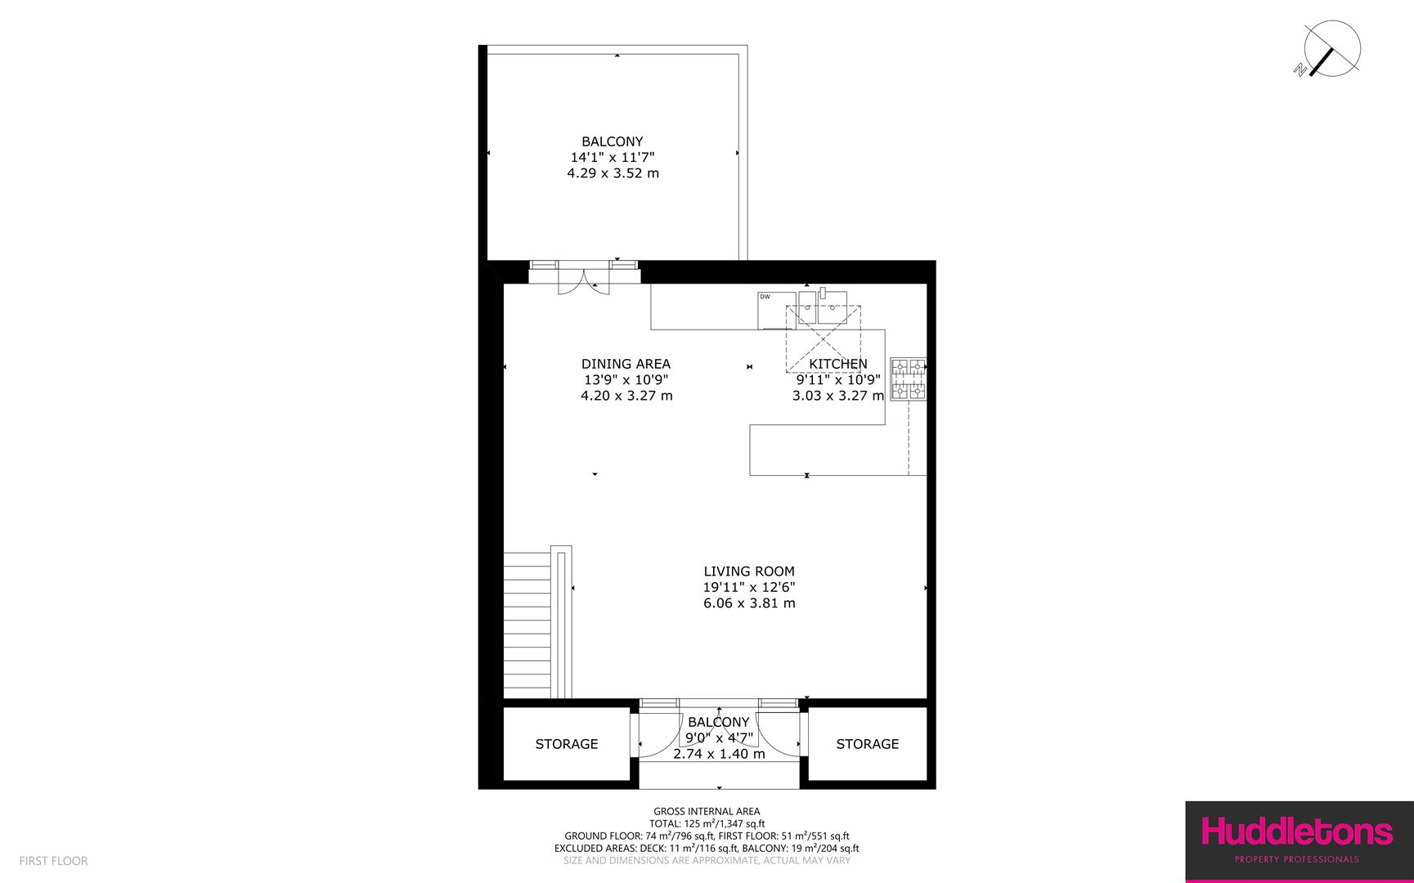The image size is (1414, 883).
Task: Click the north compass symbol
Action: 1331,48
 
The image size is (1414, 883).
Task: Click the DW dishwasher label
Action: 765,297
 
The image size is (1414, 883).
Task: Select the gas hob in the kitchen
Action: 909,380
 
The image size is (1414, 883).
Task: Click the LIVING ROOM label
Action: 749,571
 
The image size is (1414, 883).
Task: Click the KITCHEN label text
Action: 838,364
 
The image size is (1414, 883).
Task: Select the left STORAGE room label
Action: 567,744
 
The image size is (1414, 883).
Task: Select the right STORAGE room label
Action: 867,744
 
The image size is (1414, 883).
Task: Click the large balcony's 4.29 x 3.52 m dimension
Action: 613,173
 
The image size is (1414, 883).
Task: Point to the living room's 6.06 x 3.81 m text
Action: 749,603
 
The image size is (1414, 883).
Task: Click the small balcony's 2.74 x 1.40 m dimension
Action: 719,754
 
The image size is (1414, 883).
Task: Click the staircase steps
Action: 527,625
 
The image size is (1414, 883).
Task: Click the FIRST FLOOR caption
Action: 53,861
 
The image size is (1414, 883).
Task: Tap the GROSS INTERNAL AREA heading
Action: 707,812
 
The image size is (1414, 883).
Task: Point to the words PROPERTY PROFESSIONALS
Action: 1295,859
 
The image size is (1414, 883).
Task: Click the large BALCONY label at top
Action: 613,141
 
